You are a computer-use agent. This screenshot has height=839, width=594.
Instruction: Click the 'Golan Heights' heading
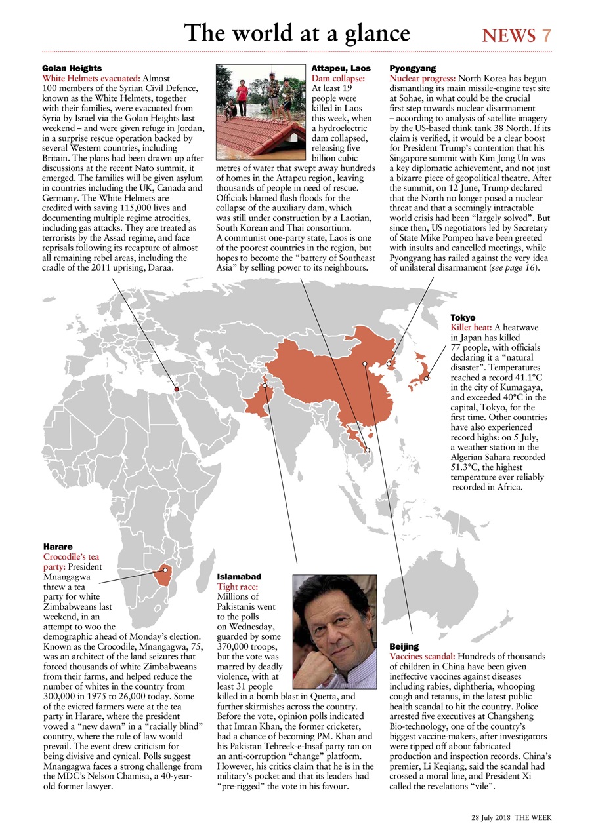point(72,68)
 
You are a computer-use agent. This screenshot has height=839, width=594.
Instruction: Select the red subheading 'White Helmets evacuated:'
point(91,78)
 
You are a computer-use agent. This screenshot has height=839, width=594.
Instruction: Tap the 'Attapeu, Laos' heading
point(341,68)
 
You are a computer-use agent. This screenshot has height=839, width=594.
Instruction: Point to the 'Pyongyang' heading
point(413,68)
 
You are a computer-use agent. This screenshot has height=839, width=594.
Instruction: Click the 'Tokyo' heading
point(463,317)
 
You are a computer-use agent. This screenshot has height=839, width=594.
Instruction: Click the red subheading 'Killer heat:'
point(471,327)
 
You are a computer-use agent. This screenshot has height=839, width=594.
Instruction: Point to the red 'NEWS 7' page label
point(517,35)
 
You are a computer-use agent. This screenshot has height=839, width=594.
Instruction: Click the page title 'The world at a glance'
point(297,33)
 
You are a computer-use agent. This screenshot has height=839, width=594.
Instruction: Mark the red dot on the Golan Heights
point(176,390)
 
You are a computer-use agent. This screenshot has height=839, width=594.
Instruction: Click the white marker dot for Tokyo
point(426,378)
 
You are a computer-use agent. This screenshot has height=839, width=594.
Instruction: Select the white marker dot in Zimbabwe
point(165,570)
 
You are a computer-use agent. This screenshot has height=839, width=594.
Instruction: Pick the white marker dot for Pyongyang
point(389,363)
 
